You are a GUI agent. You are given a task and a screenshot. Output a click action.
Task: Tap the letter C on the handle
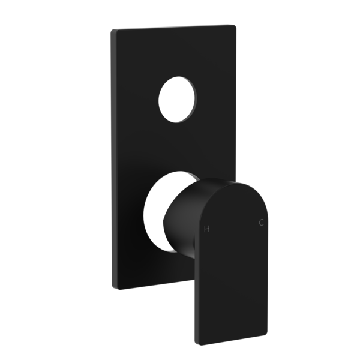[261, 222]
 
